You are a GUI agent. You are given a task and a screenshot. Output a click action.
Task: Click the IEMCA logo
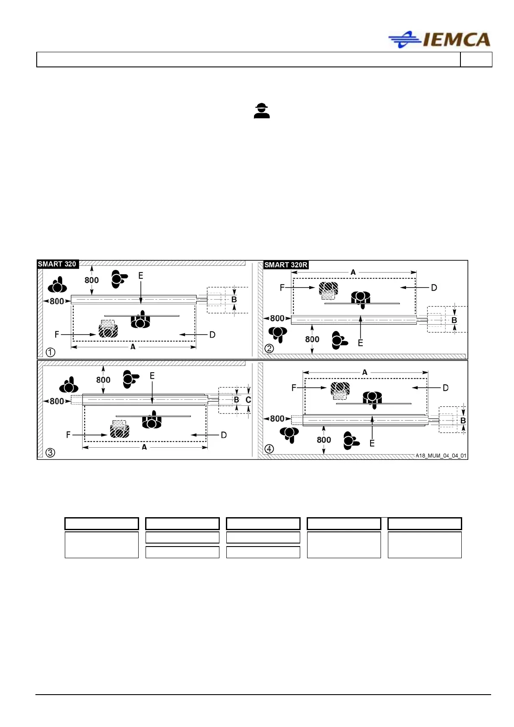click(x=440, y=40)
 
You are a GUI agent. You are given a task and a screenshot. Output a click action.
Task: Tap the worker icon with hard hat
click(x=262, y=111)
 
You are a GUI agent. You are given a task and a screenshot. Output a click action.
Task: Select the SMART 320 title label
click(x=57, y=264)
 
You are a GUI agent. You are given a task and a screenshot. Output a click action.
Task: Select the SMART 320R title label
click(x=286, y=265)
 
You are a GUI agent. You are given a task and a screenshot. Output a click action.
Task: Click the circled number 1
click(x=51, y=352)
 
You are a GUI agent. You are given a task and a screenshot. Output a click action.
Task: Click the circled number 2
click(x=269, y=348)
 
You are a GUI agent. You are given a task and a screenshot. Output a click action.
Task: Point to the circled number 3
click(x=51, y=452)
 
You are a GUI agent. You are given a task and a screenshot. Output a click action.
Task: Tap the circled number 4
click(x=269, y=449)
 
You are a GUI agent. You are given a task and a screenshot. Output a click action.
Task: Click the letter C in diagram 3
click(x=248, y=400)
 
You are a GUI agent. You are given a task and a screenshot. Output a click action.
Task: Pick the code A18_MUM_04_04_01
click(x=441, y=455)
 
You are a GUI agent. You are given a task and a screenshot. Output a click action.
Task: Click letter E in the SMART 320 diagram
click(x=140, y=275)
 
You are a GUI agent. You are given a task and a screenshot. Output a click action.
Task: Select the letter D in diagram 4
click(x=445, y=388)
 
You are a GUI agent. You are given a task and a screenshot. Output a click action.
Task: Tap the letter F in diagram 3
click(x=68, y=435)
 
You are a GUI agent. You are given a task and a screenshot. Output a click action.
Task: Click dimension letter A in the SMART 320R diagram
click(x=353, y=272)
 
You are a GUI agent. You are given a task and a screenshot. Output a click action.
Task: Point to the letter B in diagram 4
click(x=463, y=420)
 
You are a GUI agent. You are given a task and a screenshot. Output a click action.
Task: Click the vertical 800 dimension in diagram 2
click(x=312, y=339)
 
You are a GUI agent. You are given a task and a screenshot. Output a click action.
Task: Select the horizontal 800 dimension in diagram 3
click(x=57, y=401)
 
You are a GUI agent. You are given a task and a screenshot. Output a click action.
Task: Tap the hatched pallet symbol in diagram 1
click(x=108, y=330)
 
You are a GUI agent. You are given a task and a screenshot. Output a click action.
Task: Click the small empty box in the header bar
click(x=476, y=60)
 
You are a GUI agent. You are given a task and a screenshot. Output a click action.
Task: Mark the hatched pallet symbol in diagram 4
click(x=340, y=389)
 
